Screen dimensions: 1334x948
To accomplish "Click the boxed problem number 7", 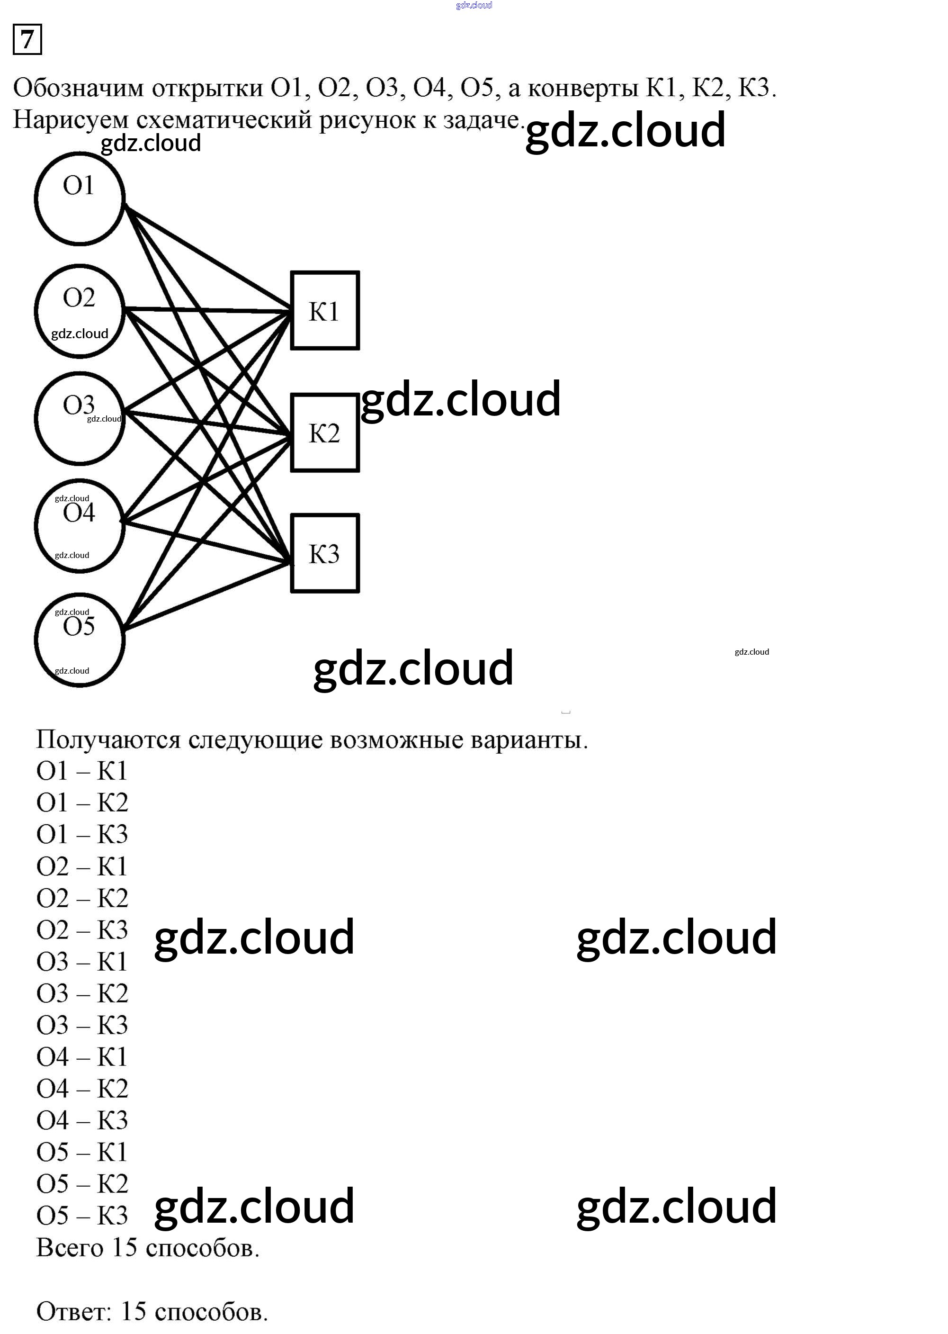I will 27,40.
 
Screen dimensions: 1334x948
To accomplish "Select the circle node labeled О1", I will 80,198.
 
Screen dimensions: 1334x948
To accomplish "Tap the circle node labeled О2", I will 80,311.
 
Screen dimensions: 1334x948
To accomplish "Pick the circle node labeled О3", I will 80,418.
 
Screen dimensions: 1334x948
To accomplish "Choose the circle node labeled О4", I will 80,526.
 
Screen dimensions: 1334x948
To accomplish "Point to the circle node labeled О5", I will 80,640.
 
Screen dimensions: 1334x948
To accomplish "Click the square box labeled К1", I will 324,311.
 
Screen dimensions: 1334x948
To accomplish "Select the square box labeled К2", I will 324,433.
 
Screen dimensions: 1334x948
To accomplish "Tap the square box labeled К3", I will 324,553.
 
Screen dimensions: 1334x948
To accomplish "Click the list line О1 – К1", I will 82,771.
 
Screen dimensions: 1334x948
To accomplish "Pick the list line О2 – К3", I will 82,930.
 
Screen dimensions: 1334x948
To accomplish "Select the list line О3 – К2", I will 82,993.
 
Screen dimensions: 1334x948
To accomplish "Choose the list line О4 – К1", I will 82,1057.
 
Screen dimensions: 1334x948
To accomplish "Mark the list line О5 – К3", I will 82,1216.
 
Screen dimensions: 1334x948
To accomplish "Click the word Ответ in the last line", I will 73,1311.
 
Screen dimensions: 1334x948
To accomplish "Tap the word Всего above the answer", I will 70,1248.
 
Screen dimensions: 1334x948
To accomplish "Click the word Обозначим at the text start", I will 78,88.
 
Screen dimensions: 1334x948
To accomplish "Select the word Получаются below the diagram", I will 108,739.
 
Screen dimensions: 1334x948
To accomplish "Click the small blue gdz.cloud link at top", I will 474,5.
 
